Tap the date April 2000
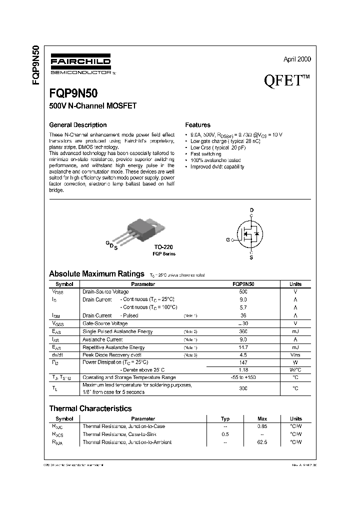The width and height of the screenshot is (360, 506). click(297, 59)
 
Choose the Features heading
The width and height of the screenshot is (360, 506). click(198, 125)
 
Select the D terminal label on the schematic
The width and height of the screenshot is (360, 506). click(251, 209)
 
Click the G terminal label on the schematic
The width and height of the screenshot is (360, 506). click(227, 240)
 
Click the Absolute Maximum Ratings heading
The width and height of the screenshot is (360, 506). click(96, 274)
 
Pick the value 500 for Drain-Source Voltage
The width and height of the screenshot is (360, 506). click(243, 291)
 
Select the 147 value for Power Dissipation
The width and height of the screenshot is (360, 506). click(243, 361)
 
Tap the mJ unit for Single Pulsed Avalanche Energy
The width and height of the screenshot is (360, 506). click(295, 331)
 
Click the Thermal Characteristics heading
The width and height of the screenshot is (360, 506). click(90, 408)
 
